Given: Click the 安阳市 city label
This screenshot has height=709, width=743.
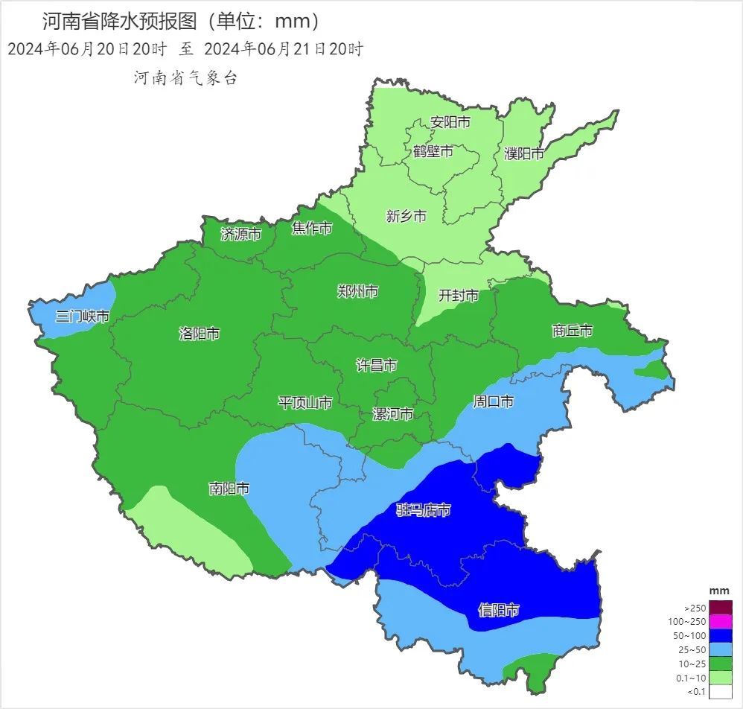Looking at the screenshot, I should (450, 122).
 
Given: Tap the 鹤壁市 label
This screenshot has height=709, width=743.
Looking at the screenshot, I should (433, 151).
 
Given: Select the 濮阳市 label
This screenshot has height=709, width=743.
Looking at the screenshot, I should (524, 154).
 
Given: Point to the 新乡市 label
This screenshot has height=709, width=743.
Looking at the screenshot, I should (406, 216).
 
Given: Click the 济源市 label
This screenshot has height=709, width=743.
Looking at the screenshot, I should (241, 234).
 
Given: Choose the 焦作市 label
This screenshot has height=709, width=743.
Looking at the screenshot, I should (312, 228).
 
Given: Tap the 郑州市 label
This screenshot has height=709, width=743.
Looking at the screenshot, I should (357, 291).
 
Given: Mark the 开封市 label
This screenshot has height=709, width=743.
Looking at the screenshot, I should (458, 296).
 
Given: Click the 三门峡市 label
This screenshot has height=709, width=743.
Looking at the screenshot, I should (82, 317).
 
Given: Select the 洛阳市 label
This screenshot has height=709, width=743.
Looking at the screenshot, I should (200, 334).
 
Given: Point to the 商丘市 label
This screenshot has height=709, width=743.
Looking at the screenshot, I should (573, 330).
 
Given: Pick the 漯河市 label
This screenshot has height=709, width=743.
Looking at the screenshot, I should (393, 414).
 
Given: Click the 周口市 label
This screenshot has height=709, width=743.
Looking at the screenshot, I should (494, 401).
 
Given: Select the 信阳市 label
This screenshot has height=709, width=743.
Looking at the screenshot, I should (498, 611).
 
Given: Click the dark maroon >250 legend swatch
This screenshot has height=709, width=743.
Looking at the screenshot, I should (721, 607).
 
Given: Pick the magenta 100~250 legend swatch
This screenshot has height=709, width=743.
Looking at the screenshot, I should (721, 621).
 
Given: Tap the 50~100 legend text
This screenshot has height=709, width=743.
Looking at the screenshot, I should (689, 636).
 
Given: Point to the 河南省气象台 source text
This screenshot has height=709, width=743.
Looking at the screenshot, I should (185, 77).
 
